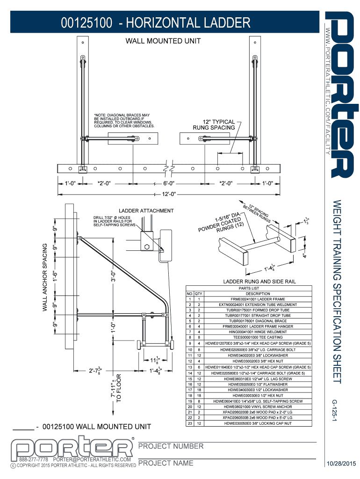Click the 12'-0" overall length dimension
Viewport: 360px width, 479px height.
click(169, 194)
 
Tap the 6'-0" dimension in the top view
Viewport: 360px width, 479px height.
click(169, 183)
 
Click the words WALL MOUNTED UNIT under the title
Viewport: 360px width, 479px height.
click(163, 41)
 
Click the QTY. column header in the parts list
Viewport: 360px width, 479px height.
click(199, 293)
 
